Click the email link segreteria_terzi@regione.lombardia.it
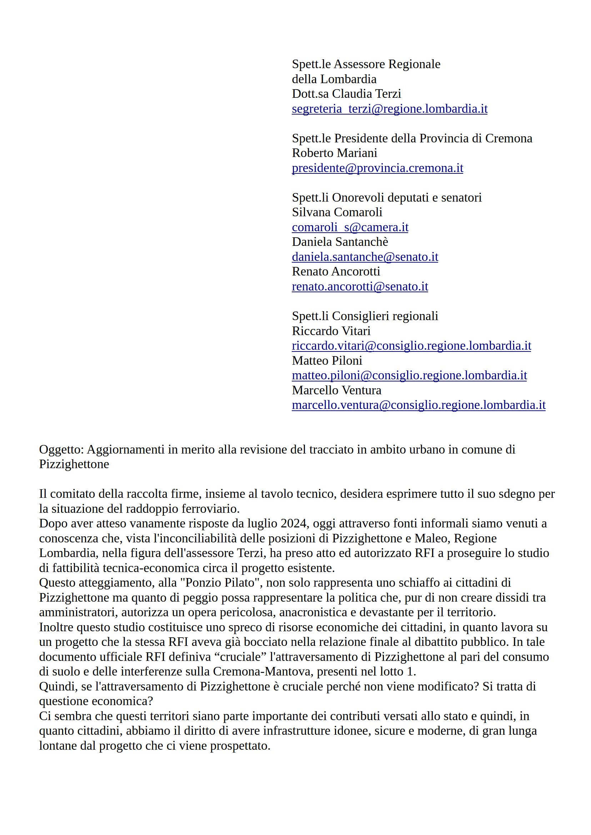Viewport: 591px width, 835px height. [x=389, y=109]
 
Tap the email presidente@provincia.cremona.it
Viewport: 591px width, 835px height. [x=377, y=168]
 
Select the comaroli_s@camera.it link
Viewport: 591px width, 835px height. [x=350, y=227]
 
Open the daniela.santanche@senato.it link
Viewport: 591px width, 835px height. [x=365, y=257]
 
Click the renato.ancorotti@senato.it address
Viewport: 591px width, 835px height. [x=360, y=287]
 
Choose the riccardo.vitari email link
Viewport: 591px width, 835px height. [x=411, y=346]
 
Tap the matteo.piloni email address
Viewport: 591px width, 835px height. [x=409, y=375]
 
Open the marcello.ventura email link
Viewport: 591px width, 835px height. [x=419, y=405]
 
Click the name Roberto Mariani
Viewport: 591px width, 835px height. [x=335, y=153]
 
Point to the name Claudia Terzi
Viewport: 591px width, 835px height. [x=366, y=94]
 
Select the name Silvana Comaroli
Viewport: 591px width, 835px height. [x=337, y=212]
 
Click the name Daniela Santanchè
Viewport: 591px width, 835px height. [x=340, y=242]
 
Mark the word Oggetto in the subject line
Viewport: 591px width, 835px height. [x=61, y=450]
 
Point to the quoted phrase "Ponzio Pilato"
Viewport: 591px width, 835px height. [x=220, y=583]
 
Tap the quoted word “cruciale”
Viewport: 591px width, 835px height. [x=241, y=657]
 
